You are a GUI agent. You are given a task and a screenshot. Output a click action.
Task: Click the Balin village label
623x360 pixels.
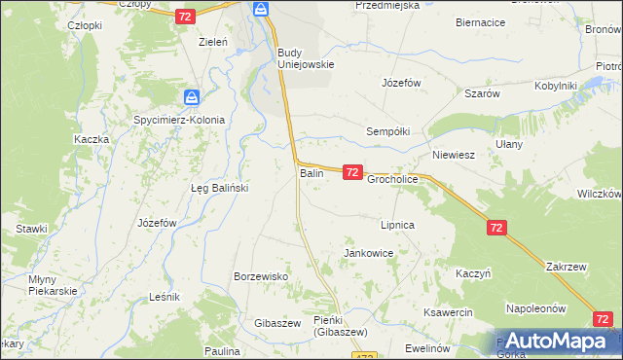(x=311, y=173)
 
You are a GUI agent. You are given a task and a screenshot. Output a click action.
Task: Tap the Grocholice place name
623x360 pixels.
(x=392, y=180)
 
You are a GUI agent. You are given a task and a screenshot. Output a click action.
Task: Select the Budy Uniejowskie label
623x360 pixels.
(x=305, y=58)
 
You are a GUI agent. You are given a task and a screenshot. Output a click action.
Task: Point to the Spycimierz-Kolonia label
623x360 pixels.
(x=179, y=120)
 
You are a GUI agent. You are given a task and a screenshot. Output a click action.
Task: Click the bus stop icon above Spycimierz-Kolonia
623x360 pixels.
(x=192, y=97)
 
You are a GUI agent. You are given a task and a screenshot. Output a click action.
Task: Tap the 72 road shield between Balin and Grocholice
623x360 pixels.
(x=352, y=172)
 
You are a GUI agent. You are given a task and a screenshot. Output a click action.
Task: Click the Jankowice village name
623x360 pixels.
(x=368, y=253)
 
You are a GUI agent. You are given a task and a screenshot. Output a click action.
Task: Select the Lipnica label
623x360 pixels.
(x=398, y=225)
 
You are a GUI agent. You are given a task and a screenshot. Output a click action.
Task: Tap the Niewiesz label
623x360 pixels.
(x=453, y=155)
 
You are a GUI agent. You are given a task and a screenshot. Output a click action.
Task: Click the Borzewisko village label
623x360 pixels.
(x=261, y=276)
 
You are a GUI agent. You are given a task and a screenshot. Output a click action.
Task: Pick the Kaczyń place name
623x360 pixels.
(x=471, y=273)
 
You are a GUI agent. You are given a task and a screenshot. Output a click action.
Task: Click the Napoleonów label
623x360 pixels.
(x=535, y=308)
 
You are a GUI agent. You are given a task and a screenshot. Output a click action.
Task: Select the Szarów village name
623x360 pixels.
(x=482, y=93)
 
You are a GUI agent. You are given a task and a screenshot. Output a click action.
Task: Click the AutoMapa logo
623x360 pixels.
(x=554, y=341)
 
